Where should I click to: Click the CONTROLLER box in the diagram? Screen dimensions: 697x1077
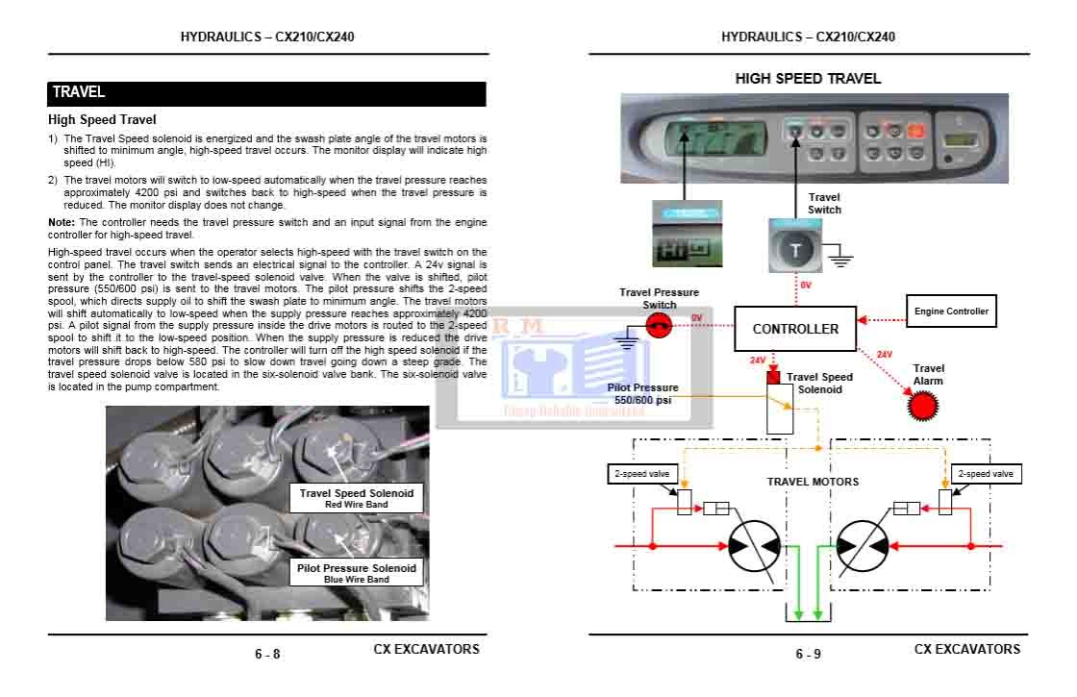click(795, 329)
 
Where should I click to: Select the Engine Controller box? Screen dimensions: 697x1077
click(950, 311)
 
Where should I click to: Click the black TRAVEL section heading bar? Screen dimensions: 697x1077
click(267, 93)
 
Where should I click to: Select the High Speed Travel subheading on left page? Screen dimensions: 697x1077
click(102, 120)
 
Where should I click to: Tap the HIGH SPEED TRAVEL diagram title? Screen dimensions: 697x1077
click(808, 79)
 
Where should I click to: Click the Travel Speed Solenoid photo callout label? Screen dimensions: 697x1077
click(356, 497)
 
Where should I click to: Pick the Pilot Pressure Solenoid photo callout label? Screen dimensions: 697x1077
click(356, 573)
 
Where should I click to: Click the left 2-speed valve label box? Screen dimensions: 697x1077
click(642, 474)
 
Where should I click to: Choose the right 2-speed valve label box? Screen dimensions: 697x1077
click(985, 474)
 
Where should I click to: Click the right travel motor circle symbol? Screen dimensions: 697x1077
click(861, 545)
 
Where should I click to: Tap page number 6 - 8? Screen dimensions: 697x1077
click(267, 655)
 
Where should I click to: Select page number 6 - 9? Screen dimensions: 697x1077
click(808, 655)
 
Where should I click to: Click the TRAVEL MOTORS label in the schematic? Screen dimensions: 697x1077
click(813, 482)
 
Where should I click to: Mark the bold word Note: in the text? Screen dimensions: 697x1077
click(61, 223)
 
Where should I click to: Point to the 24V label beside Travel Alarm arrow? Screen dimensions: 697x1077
click(885, 355)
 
